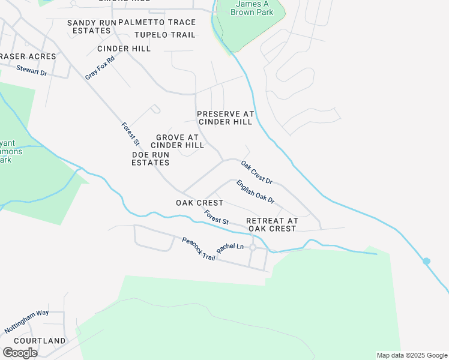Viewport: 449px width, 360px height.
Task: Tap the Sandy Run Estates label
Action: click(x=91, y=26)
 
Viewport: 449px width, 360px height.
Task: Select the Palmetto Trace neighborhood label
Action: click(x=157, y=22)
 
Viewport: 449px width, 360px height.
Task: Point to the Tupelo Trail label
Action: click(x=165, y=35)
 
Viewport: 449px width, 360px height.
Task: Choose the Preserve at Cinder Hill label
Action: click(x=226, y=118)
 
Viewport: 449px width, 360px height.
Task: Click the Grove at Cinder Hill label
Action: click(x=178, y=141)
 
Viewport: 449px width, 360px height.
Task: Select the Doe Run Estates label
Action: click(x=151, y=158)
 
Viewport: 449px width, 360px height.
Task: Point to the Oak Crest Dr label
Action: click(x=257, y=172)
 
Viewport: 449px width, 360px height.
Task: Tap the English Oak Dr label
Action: click(x=255, y=191)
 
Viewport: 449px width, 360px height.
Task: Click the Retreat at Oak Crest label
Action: click(x=272, y=224)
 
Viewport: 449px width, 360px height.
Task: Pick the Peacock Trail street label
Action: click(x=199, y=249)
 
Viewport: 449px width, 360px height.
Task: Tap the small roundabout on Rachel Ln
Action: click(x=253, y=247)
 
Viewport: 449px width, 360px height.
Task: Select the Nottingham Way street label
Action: click(x=26, y=322)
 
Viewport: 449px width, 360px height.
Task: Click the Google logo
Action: click(x=20, y=353)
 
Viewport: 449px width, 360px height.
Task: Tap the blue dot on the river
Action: click(x=426, y=261)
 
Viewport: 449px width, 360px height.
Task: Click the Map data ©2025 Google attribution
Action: click(x=411, y=355)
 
